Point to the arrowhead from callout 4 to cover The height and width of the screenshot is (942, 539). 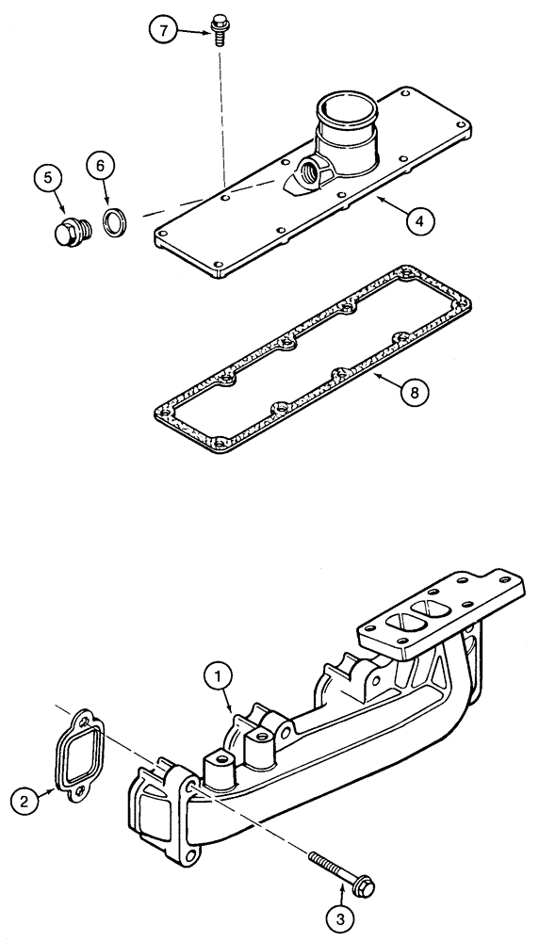[376, 201]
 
